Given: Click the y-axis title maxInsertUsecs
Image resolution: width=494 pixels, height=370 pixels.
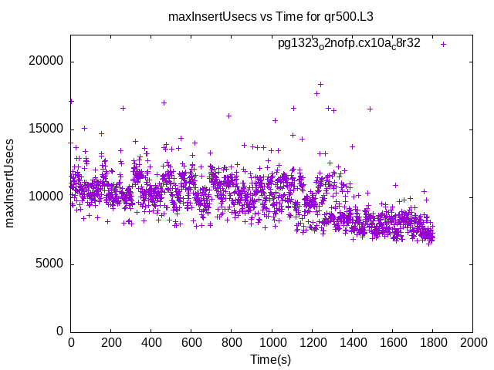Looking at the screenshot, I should click(x=11, y=183).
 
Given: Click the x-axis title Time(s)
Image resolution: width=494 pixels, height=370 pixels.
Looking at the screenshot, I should click(x=270, y=360).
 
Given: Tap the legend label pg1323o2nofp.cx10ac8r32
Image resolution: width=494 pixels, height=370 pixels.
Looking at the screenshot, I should click(x=349, y=44).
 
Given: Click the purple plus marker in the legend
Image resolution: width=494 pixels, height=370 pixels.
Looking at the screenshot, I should click(x=443, y=44).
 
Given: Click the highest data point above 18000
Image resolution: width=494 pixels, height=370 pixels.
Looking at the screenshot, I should click(x=320, y=84).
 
